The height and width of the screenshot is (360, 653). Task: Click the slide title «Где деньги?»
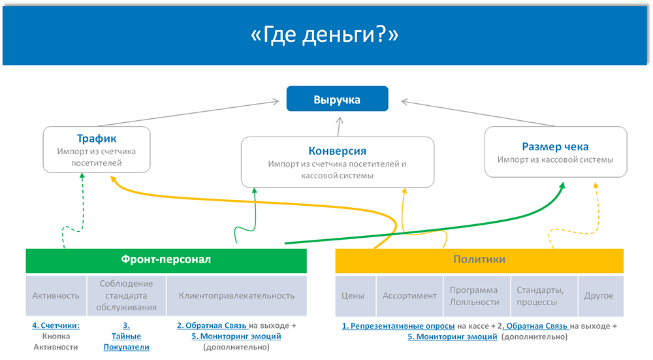[325, 35]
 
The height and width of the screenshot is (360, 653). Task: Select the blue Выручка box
[337, 100]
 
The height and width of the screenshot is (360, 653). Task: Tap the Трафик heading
[96, 139]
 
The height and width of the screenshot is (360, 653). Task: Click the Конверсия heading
[336, 151]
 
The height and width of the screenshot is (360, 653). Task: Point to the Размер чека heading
[555, 146]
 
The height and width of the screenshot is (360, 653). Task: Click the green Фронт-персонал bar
[166, 259]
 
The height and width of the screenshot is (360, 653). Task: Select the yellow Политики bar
[479, 259]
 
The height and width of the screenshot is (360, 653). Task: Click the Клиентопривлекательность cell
[236, 295]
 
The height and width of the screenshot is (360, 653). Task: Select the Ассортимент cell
[409, 295]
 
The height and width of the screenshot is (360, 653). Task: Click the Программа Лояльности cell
[474, 295]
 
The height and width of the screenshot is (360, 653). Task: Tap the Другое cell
[599, 295]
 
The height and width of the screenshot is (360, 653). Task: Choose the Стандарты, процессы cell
[537, 295]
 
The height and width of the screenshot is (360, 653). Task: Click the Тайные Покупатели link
[126, 342]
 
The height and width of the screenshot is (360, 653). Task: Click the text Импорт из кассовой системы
[555, 159]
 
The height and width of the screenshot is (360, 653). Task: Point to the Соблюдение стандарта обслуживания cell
[127, 295]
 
